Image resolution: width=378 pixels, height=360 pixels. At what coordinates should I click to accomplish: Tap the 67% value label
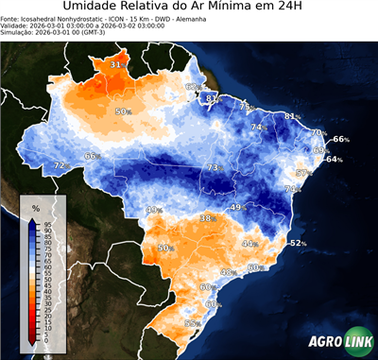[193, 87]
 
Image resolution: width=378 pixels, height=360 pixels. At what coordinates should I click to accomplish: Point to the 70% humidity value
[318, 132]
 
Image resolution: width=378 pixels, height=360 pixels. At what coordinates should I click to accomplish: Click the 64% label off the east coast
[333, 160]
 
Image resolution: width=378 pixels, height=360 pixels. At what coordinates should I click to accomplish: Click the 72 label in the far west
[59, 165]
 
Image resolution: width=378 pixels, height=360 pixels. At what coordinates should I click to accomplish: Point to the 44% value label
[249, 244]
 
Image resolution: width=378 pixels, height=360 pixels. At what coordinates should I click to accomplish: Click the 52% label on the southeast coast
[298, 243]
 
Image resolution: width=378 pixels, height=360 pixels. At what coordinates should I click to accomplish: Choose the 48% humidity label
[227, 272]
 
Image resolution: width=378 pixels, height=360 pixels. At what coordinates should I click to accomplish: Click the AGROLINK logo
[337, 343]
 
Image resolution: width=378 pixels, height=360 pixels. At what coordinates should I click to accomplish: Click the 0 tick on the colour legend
[46, 342]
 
